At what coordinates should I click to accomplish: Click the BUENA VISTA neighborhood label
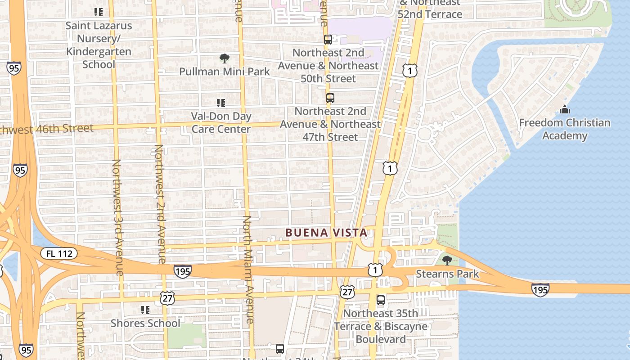pyautogui.click(x=326, y=233)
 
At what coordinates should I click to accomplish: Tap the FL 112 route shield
pyautogui.click(x=59, y=254)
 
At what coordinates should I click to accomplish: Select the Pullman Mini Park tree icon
pyautogui.click(x=224, y=58)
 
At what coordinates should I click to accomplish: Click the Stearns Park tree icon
pyautogui.click(x=447, y=260)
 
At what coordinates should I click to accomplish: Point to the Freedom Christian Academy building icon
pyautogui.click(x=564, y=109)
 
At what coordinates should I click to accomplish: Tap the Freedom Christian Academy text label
pyautogui.click(x=564, y=129)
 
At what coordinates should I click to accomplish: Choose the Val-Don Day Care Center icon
pyautogui.click(x=220, y=103)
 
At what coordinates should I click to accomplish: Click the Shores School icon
pyautogui.click(x=145, y=310)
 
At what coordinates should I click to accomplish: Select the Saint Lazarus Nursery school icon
pyautogui.click(x=98, y=12)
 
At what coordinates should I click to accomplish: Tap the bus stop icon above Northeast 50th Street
pyautogui.click(x=328, y=39)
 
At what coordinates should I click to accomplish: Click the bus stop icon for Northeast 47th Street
pyautogui.click(x=330, y=98)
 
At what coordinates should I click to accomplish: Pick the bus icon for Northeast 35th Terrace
pyautogui.click(x=381, y=300)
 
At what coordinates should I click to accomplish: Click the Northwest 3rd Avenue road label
pyautogui.click(x=117, y=217)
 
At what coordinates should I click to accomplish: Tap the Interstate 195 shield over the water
pyautogui.click(x=540, y=290)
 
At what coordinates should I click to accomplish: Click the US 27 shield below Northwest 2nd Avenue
pyautogui.click(x=167, y=297)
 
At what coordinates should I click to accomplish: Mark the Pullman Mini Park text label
pyautogui.click(x=224, y=72)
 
